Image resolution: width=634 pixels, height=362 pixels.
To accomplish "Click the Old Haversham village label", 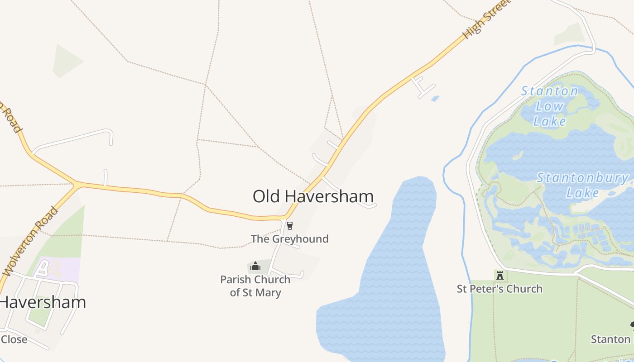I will click(x=313, y=196).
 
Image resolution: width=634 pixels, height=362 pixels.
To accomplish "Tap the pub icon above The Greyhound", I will click(x=290, y=226).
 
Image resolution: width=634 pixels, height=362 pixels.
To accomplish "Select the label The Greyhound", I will click(x=290, y=239).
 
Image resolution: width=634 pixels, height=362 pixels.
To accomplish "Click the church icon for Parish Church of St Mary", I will click(x=255, y=266).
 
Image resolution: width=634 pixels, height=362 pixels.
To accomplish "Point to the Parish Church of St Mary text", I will click(x=255, y=286).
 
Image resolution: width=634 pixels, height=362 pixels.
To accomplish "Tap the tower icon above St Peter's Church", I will click(x=500, y=275).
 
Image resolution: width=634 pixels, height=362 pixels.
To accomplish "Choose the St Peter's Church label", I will click(x=500, y=289).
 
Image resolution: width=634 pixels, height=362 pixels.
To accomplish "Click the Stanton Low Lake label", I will click(x=550, y=106).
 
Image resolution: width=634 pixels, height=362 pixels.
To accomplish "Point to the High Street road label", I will click(x=486, y=19).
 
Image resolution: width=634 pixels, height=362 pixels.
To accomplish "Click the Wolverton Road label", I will click(x=30, y=242).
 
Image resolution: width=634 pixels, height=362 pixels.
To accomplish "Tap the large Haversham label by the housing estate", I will click(x=43, y=302).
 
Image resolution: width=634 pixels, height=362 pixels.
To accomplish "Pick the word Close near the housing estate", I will click(x=14, y=339).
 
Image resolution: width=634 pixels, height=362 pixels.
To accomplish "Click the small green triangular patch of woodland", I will click(x=67, y=61).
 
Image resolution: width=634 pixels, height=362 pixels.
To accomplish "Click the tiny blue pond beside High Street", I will click(x=435, y=98).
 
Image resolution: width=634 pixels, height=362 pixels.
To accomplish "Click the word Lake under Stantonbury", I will click(x=582, y=193).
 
